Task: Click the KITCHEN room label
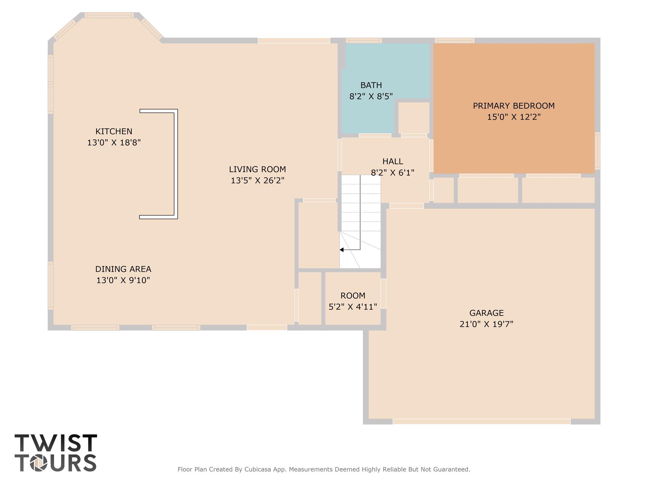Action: click(x=114, y=131)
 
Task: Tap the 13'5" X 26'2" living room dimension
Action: click(x=257, y=181)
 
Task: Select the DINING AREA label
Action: click(x=123, y=269)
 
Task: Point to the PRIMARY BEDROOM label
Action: click(x=514, y=106)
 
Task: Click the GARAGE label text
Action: click(x=486, y=313)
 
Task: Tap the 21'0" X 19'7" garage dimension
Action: click(x=486, y=324)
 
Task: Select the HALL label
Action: click(x=392, y=161)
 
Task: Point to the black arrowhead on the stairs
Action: click(x=342, y=250)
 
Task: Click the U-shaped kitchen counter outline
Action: click(x=176, y=164)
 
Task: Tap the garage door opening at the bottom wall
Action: click(x=481, y=421)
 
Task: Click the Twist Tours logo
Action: click(x=56, y=453)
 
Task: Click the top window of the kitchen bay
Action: click(x=109, y=15)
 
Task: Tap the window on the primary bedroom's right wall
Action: click(x=597, y=151)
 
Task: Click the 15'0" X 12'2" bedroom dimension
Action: click(x=514, y=117)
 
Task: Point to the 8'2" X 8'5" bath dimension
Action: click(x=371, y=97)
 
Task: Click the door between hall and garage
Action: click(x=406, y=206)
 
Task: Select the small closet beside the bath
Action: click(x=414, y=117)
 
